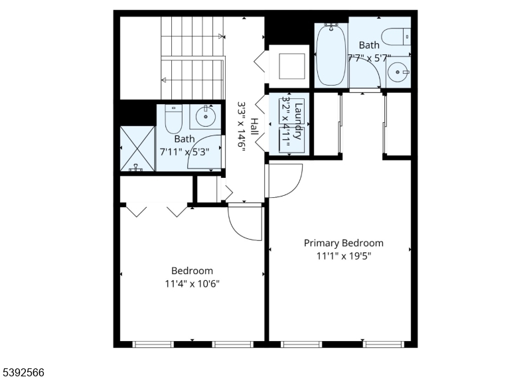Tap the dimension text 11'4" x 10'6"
point(192,283)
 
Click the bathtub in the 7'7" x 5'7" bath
point(330,55)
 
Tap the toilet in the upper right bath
point(396,35)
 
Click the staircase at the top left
point(192,57)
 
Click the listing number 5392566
point(23,372)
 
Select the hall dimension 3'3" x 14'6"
point(242,127)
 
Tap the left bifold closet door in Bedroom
point(137,211)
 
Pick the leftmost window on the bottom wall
point(153,344)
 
